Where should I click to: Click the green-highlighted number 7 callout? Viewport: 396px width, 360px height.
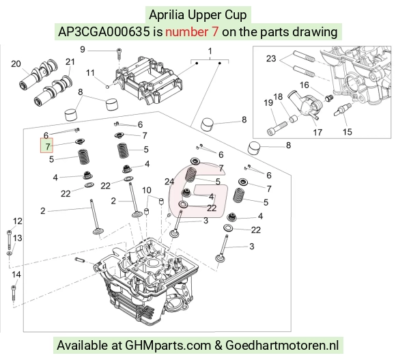pyautogui.click(x=46, y=146)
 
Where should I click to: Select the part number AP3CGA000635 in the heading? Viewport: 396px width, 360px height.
pyautogui.click(x=104, y=32)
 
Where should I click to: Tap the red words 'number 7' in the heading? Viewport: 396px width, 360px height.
pyautogui.click(x=192, y=32)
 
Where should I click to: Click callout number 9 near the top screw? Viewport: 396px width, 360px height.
pyautogui.click(x=83, y=49)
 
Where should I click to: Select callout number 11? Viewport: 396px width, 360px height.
pyautogui.click(x=90, y=73)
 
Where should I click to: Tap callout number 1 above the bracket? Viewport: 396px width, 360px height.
pyautogui.click(x=210, y=51)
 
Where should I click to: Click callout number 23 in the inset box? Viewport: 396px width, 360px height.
pyautogui.click(x=271, y=59)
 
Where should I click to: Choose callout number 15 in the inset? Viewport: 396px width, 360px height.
pyautogui.click(x=348, y=132)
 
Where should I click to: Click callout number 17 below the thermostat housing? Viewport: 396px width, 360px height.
pyautogui.click(x=317, y=132)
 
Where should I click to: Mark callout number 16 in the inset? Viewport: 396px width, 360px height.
pyautogui.click(x=305, y=85)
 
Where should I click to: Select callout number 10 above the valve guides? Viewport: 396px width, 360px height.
pyautogui.click(x=147, y=190)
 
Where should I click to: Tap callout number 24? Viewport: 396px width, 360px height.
pyautogui.click(x=169, y=182)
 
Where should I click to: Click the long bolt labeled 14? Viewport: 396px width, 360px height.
pyautogui.click(x=14, y=294)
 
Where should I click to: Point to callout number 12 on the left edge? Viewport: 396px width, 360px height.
pyautogui.click(x=18, y=221)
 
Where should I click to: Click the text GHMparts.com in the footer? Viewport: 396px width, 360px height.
pyautogui.click(x=168, y=346)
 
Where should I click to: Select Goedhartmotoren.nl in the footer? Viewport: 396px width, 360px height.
pyautogui.click(x=282, y=346)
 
